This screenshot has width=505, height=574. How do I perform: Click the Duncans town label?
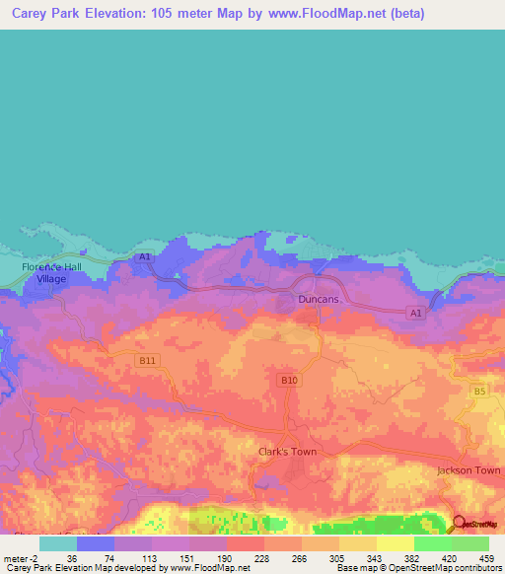319,298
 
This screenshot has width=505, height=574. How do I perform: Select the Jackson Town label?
469,470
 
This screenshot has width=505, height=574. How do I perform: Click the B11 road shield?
147,361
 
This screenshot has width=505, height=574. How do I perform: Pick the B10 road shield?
289,380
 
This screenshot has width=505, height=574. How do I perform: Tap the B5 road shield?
479,392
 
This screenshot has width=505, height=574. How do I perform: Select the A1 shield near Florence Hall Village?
145,257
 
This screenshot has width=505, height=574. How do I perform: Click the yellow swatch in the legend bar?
395,543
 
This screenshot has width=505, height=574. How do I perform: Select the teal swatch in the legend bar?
57,543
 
